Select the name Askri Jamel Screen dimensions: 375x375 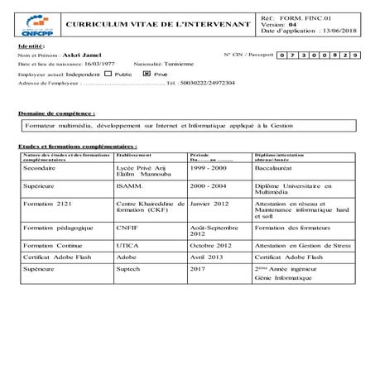pyautogui.click(x=79, y=54)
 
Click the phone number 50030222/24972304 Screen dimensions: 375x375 pyautogui.click(x=206, y=84)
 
